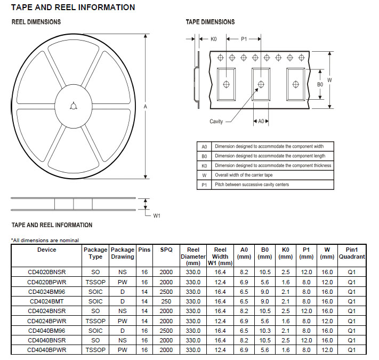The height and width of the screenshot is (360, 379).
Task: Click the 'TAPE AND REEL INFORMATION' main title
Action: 72,7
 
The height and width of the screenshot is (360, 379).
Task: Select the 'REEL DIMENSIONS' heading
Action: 36,22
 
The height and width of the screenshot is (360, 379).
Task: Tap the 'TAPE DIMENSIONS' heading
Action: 210,22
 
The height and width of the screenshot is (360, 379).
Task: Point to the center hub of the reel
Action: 73,106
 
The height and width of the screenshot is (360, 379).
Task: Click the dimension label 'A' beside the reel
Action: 145,107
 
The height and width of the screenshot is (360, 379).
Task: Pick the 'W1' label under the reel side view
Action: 157,215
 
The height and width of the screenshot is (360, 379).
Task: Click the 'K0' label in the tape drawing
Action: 213,39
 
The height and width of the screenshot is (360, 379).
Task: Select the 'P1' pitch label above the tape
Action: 244,39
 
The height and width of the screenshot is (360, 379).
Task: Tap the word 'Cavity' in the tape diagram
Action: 216,122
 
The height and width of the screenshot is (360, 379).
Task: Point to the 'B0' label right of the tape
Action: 320,84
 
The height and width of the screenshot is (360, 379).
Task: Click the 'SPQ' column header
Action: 166,250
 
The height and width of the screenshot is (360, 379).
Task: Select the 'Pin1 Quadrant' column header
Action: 352,253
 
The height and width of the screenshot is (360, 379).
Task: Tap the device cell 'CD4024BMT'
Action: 46,301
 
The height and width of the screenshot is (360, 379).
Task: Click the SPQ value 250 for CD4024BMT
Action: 166,301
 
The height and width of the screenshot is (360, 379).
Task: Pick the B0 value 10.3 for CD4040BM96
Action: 265,330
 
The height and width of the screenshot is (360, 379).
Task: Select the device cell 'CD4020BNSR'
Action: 46,272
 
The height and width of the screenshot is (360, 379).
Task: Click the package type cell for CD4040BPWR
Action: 95,350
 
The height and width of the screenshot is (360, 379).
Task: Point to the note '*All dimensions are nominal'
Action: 45,240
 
